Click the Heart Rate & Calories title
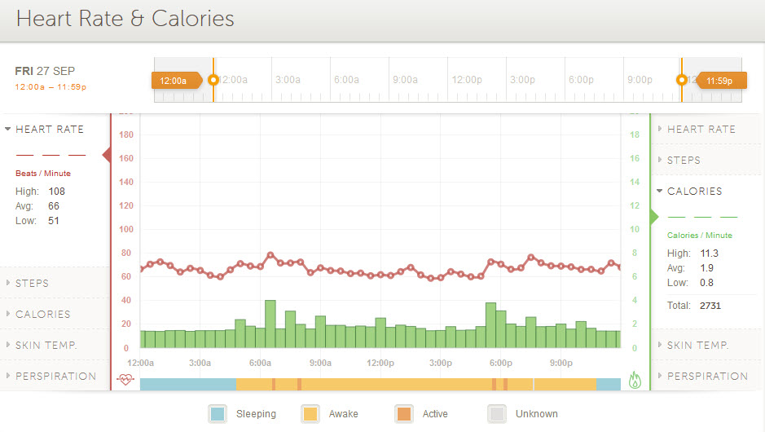coord(125,19)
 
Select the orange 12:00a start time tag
coord(174,81)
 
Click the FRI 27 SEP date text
coord(45,71)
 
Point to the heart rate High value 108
coord(56,192)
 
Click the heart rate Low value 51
coord(53,221)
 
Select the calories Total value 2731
coord(710,306)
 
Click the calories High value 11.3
coord(709,253)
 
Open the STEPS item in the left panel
coord(32,284)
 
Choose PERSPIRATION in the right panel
coord(707,377)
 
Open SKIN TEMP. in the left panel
coord(46,346)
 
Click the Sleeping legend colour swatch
coord(218,414)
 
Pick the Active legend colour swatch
coord(403,414)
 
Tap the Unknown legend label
coord(536,414)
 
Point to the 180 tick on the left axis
coord(126,135)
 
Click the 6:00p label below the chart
coord(500,363)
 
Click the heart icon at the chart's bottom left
coord(125,379)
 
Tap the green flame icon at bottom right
coord(635,380)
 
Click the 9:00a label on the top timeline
coord(405,80)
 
